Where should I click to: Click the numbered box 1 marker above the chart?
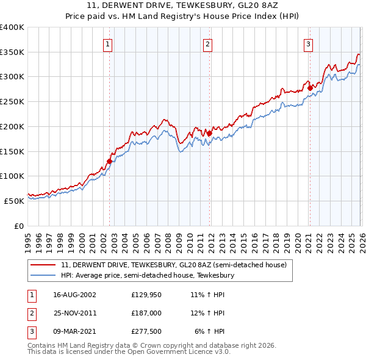(x=107, y=43)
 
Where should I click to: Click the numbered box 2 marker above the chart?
(x=208, y=43)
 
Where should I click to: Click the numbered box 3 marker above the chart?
(x=309, y=43)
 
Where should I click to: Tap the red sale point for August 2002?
(x=110, y=162)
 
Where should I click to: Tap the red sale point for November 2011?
(x=209, y=133)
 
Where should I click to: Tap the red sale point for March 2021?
(x=309, y=88)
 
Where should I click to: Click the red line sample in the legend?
(x=43, y=265)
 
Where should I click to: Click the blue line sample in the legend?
(x=43, y=275)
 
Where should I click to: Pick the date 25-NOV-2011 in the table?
(x=75, y=312)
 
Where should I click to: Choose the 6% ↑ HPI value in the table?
(x=210, y=331)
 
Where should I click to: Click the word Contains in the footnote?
(x=41, y=345)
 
